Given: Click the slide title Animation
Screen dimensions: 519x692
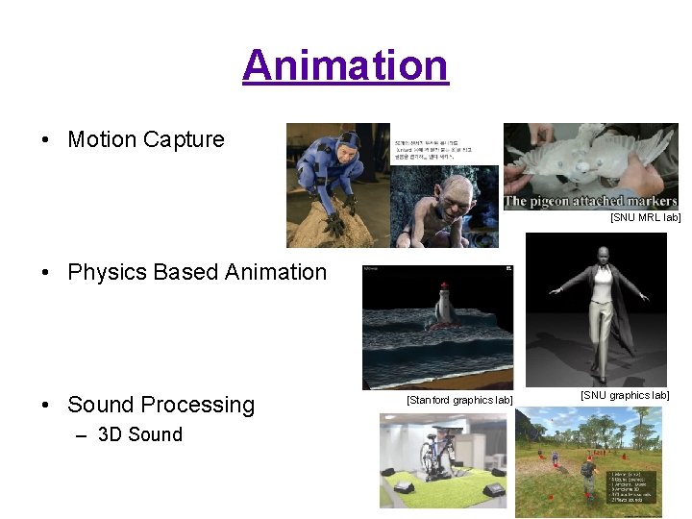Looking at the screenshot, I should [345, 65].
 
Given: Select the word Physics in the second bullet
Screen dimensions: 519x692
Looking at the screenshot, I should [106, 272].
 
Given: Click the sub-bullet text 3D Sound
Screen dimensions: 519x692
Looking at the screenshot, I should [140, 434].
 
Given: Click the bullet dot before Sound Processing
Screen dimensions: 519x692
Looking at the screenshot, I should [48, 406].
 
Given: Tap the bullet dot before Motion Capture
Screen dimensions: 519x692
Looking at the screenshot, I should [48, 139].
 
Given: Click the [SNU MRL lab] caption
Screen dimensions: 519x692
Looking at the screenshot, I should [645, 218].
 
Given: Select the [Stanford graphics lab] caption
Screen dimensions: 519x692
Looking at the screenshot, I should [459, 400].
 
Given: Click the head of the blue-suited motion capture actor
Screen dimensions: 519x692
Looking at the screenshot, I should [349, 145].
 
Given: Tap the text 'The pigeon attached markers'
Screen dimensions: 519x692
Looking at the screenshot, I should [591, 201].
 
